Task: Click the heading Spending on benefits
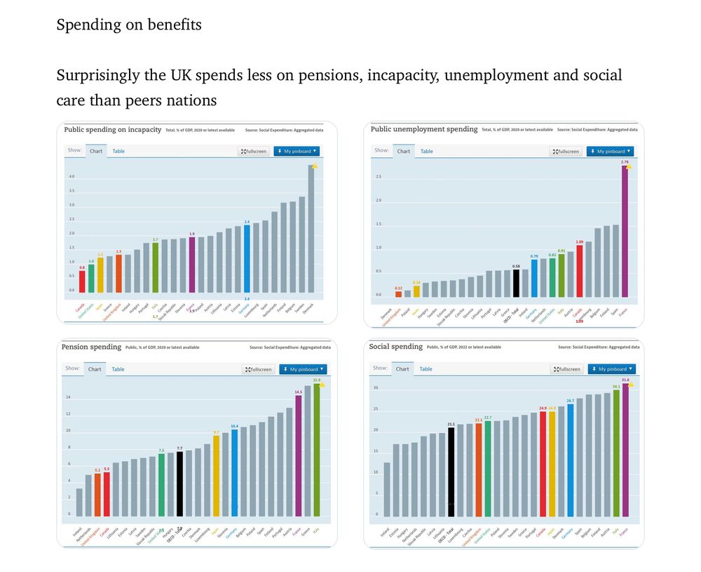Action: click(129, 25)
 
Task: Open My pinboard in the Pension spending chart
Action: click(302, 369)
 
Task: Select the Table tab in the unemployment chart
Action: click(426, 152)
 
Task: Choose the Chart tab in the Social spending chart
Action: click(402, 369)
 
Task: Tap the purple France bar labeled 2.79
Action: click(625, 232)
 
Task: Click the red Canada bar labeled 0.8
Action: click(82, 281)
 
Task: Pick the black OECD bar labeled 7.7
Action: click(179, 484)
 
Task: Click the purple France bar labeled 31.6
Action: click(625, 449)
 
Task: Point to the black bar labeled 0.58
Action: click(516, 284)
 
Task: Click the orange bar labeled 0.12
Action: click(398, 294)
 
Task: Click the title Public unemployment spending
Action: click(424, 129)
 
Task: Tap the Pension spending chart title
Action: click(91, 347)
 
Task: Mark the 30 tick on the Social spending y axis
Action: click(376, 388)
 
